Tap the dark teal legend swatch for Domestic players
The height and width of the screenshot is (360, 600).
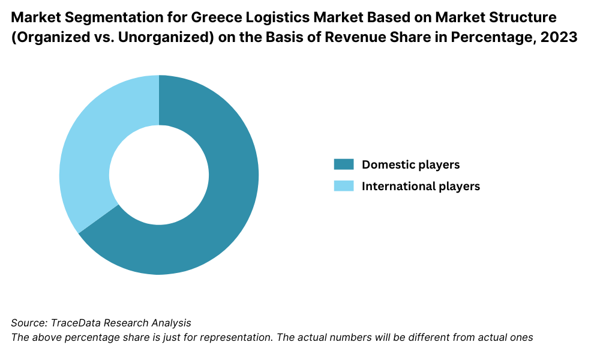[x=344, y=164]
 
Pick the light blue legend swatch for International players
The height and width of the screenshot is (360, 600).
[x=344, y=186]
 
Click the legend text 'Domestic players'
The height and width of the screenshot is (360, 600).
[x=410, y=164]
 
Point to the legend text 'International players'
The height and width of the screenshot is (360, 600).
[x=421, y=186]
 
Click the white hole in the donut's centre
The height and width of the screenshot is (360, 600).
[x=159, y=175]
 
